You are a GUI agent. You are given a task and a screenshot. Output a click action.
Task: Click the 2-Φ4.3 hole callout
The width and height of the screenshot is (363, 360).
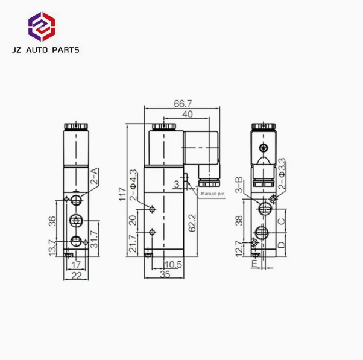click(136, 185)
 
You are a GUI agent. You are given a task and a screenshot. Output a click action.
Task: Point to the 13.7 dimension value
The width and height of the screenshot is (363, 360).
click(52, 247)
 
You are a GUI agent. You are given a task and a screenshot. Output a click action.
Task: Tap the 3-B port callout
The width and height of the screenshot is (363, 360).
click(239, 185)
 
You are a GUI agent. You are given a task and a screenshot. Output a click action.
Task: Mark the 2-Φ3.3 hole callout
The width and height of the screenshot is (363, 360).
click(283, 172)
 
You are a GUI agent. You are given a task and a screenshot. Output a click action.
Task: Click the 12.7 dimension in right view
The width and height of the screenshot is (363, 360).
click(241, 247)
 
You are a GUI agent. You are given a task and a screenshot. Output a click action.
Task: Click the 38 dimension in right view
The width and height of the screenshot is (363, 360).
click(241, 221)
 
